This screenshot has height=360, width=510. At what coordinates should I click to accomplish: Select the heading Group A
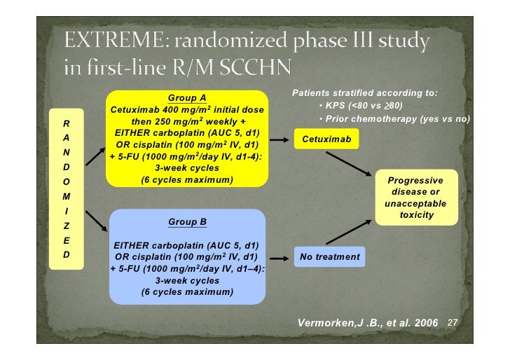(187, 97)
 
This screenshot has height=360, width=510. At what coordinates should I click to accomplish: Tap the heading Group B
(187, 222)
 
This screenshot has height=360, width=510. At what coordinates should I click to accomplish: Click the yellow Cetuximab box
(326, 139)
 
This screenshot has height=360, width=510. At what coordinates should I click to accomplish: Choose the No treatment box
(329, 257)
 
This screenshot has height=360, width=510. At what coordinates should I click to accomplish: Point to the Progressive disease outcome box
(415, 198)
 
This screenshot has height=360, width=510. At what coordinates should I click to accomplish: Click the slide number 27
(452, 323)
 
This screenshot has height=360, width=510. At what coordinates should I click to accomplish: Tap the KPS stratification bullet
(360, 106)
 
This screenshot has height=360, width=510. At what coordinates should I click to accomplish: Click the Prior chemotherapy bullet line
(394, 119)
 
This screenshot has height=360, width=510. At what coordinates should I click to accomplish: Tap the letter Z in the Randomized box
(65, 226)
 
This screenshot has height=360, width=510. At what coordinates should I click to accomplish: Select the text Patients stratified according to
(364, 92)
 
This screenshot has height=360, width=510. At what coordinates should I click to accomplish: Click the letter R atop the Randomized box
(65, 123)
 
